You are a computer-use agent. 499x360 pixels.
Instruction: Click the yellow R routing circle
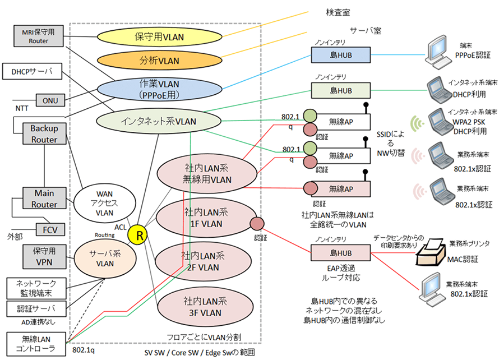pos(137,236)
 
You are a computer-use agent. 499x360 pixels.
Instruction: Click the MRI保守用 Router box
pos(39,35)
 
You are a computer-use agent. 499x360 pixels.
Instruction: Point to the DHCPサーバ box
pos(32,72)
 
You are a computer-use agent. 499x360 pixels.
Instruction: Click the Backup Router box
pos(44,133)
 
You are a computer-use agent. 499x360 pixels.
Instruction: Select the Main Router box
pos(44,199)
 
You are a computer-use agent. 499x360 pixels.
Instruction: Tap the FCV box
pos(50,229)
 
